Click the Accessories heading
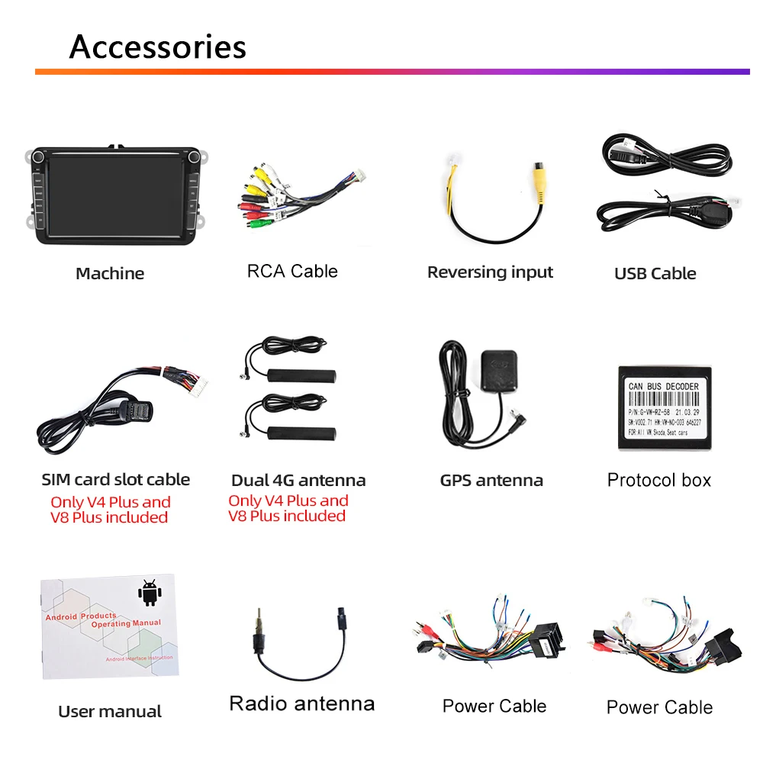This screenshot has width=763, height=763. point(158,47)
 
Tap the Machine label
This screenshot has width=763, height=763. point(110,273)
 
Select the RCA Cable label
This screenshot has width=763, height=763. point(292,271)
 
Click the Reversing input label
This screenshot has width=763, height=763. point(490,272)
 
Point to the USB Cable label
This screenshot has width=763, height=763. point(655,273)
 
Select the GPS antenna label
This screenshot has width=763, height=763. point(491,480)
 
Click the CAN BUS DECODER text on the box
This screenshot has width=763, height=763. point(663,387)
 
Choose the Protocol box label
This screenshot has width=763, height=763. point(659,480)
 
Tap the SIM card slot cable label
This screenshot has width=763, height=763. point(116,480)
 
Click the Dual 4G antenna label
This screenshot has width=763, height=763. point(298,481)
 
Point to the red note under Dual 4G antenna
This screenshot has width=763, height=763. point(288,509)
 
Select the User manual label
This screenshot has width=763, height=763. point(110,712)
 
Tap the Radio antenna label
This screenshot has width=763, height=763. point(302,703)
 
